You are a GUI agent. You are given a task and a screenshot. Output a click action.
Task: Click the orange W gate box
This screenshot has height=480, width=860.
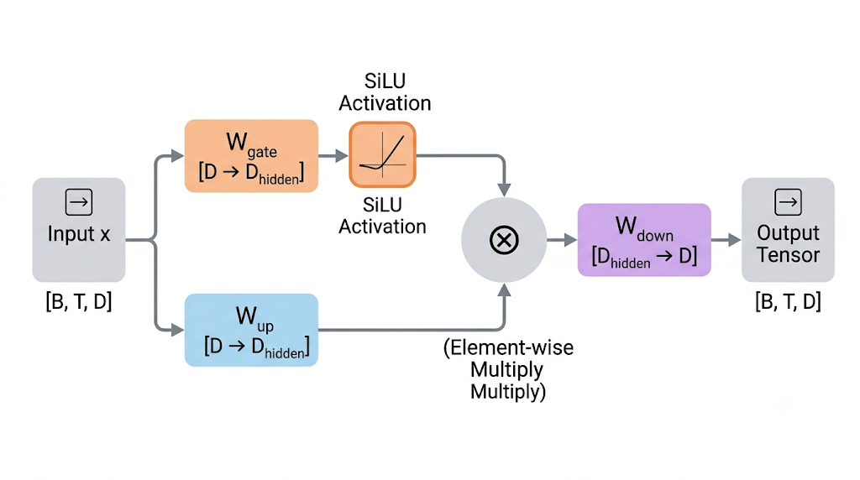[251, 156]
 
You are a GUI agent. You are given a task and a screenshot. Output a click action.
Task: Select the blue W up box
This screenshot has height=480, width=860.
[251, 330]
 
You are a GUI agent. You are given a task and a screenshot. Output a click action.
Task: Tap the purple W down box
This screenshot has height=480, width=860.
[644, 239]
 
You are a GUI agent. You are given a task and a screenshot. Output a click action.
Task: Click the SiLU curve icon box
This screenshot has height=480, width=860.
[382, 155]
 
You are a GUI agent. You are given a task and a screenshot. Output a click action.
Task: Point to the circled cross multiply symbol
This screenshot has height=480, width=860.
[504, 240]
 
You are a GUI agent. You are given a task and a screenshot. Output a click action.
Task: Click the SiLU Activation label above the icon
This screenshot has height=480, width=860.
[385, 92]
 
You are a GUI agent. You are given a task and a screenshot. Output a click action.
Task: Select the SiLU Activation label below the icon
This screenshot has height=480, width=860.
[382, 216]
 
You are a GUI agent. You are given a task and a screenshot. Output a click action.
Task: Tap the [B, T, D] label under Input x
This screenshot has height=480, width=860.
[79, 301]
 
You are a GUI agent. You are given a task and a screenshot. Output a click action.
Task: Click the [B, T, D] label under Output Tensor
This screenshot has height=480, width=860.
[788, 301]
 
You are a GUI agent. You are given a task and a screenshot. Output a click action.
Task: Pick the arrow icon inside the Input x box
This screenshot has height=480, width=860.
[79, 202]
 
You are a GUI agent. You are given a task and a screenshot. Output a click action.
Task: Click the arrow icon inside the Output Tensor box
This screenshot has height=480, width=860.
[788, 202]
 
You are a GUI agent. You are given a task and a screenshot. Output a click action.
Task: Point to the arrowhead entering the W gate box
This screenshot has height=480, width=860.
[178, 156]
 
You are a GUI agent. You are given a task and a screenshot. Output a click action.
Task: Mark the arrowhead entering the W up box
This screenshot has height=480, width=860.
[178, 330]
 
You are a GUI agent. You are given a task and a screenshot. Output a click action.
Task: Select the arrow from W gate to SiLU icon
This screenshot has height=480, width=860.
[333, 156]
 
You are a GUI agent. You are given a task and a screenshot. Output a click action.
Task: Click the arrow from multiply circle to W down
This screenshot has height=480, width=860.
[562, 239]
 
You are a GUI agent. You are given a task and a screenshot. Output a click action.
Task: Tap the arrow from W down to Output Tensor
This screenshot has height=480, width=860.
[726, 239]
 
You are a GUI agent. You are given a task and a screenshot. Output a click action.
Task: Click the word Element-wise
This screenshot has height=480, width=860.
[511, 347]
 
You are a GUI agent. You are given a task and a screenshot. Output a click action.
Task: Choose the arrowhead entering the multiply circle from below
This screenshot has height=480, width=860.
[504, 290]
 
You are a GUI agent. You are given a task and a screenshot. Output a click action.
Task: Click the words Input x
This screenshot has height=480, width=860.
[79, 234]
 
